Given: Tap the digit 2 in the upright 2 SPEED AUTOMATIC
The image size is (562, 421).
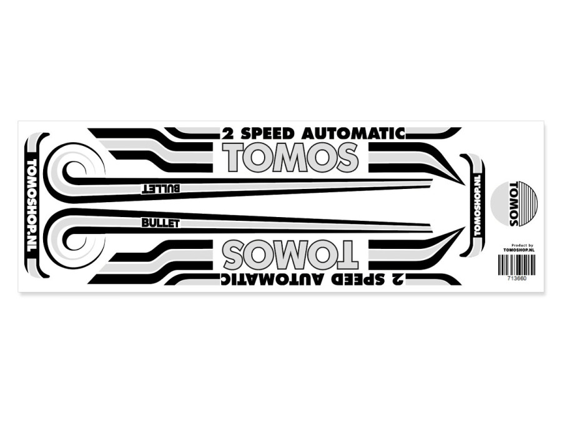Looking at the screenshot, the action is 227,134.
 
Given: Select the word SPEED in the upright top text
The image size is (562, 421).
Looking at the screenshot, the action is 267,134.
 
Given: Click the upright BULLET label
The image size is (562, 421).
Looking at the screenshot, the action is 160,223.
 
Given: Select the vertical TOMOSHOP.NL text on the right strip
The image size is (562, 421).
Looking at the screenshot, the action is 477,205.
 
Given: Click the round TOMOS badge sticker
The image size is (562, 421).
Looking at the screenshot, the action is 514,205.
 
